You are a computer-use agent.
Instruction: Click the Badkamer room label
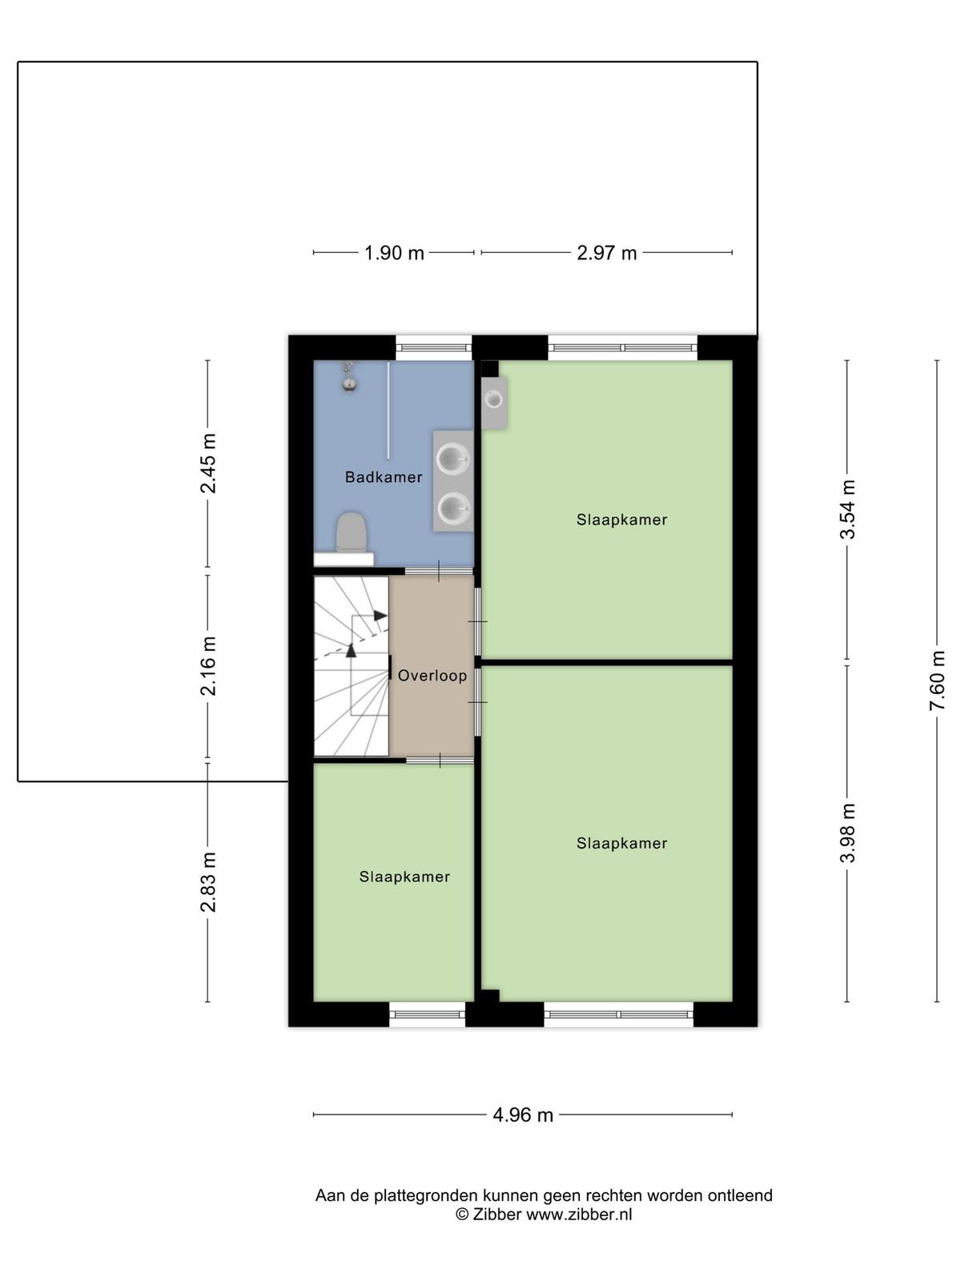[384, 477]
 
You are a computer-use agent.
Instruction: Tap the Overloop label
[432, 675]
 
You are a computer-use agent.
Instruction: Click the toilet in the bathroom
[352, 532]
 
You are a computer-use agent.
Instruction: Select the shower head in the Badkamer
[349, 377]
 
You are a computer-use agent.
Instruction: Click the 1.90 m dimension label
[394, 253]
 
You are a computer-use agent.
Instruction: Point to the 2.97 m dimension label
[606, 253]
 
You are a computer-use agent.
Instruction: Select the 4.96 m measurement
[523, 1114]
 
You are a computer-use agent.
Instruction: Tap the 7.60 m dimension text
[936, 681]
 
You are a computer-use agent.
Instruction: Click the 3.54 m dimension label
[846, 509]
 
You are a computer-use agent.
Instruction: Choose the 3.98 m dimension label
[846, 833]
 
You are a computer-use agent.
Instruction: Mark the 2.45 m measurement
[207, 464]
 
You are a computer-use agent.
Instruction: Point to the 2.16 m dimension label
[207, 666]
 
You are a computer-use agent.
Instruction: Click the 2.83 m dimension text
[207, 881]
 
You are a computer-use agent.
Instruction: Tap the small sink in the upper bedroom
[494, 401]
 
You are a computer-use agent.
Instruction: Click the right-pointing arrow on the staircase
[380, 615]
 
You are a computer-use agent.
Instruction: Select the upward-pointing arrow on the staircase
[351, 650]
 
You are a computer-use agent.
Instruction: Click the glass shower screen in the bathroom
[388, 410]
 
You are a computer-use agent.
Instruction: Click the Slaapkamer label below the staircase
[404, 877]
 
